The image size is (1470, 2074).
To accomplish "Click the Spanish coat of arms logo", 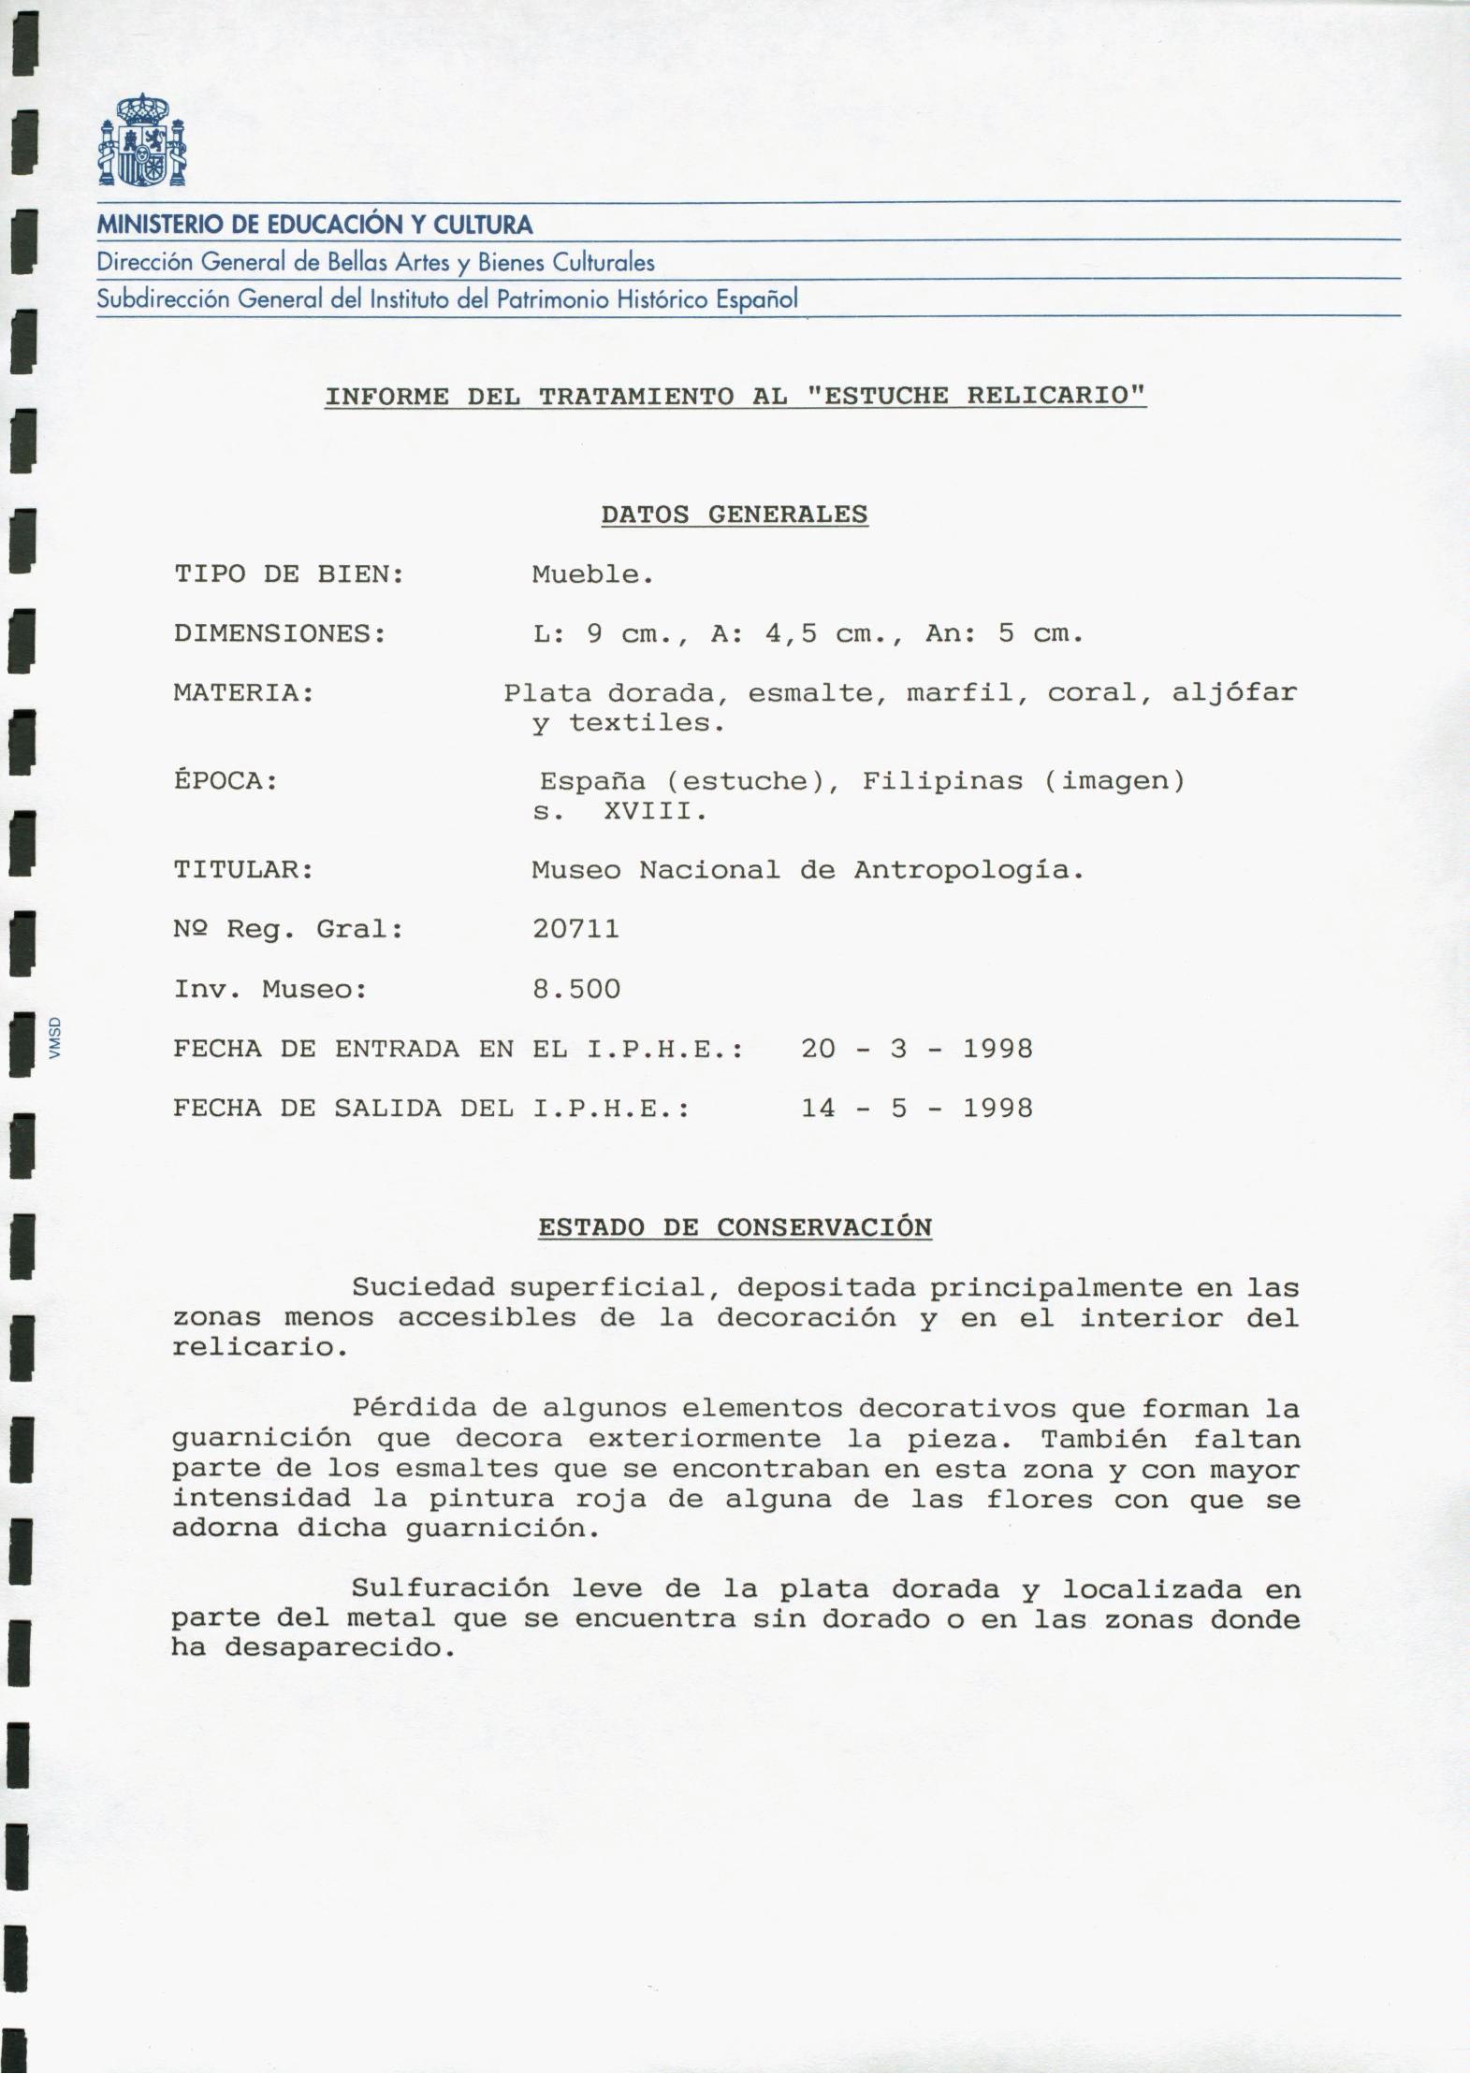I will click(141, 139).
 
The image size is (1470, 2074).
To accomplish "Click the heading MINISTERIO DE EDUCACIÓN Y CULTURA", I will click(314, 225).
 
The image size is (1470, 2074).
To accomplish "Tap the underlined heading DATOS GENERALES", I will click(734, 515).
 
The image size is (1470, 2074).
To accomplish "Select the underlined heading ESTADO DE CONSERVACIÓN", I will click(735, 1227).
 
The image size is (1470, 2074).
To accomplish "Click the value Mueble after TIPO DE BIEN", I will click(592, 574).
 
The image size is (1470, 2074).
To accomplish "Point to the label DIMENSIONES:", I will click(280, 634).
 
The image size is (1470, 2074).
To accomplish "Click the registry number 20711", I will click(575, 929).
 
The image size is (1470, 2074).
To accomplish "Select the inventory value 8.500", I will click(576, 989).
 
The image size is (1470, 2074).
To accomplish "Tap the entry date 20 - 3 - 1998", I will click(916, 1049).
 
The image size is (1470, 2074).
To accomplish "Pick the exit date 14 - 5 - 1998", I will click(916, 1109).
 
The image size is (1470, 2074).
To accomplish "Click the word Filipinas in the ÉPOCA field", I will click(942, 781).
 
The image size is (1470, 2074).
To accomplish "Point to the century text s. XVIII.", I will click(619, 811).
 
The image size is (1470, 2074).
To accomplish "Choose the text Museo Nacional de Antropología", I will click(808, 870).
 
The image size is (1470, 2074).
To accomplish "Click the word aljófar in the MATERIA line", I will click(1234, 693).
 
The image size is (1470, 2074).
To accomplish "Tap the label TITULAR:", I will click(243, 870).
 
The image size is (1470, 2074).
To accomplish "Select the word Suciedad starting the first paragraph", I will click(422, 1287).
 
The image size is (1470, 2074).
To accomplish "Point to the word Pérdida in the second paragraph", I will click(413, 1408).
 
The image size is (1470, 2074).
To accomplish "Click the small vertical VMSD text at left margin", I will click(55, 1038).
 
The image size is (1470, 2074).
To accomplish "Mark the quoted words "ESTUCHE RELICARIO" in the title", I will click(976, 396).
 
